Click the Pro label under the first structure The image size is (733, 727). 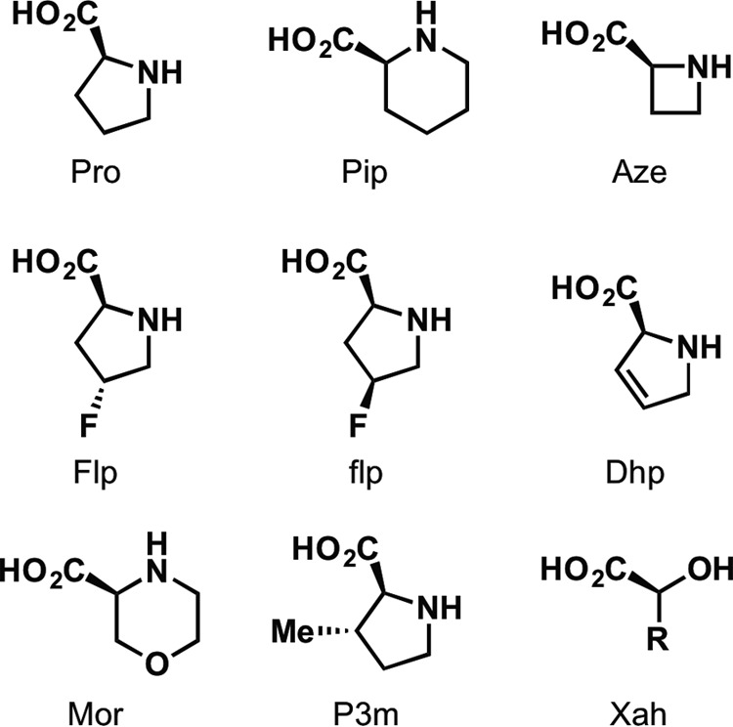pos(96,172)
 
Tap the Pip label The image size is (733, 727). pos(365,173)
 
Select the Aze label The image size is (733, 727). pos(638,172)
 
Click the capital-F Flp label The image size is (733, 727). pos(96,473)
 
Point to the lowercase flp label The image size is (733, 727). pos(366,473)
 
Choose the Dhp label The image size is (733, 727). pos(635,473)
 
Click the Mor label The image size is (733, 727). pos(96,714)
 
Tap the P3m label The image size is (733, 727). pos(366,714)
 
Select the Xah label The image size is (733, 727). pos(638,714)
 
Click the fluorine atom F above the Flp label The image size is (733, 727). pos(88,425)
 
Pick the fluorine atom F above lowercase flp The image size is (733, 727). pos(358,425)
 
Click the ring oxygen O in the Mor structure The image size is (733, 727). pos(156,663)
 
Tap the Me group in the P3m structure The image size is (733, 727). pos(293,631)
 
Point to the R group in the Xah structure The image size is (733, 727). pos(658,639)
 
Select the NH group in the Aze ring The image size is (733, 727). pos(708,66)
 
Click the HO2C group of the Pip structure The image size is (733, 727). pos(312,41)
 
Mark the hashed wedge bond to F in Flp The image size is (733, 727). pos(97,397)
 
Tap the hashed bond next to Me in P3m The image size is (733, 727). pos(334,631)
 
